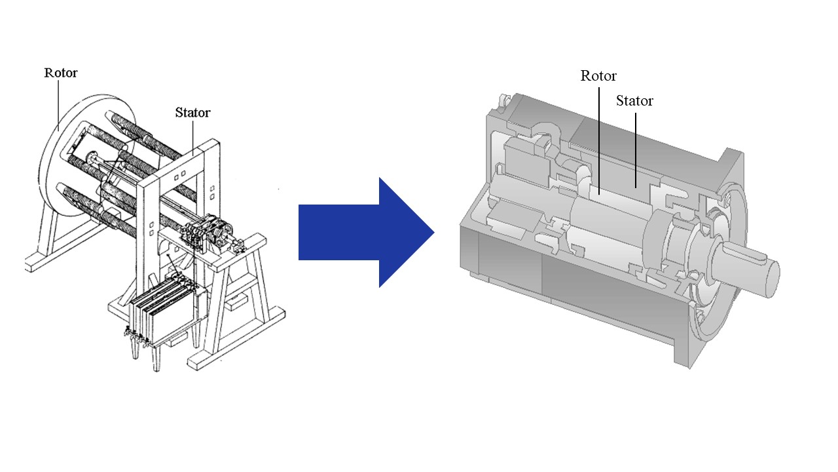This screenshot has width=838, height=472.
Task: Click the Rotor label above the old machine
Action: coord(60,73)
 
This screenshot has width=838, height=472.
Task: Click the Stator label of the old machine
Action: coord(192,113)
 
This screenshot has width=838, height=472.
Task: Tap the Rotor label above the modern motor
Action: coord(598,76)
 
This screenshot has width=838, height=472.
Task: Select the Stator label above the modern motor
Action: coord(634,101)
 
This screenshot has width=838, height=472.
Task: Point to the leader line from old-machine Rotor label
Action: coord(58,105)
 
